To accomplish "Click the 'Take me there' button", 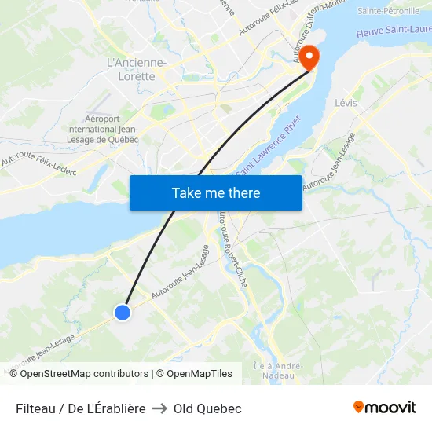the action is click(216, 192).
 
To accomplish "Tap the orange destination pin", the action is click(308, 57).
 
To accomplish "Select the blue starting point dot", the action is click(122, 312).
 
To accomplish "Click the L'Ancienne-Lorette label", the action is click(136, 69).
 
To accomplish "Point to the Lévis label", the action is click(346, 103).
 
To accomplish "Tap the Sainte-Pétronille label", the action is click(388, 11).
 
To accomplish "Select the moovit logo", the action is click(384, 408).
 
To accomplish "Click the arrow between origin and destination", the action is click(159, 408).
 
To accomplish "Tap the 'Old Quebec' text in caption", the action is click(207, 408).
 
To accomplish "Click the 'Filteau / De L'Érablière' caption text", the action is click(80, 408).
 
